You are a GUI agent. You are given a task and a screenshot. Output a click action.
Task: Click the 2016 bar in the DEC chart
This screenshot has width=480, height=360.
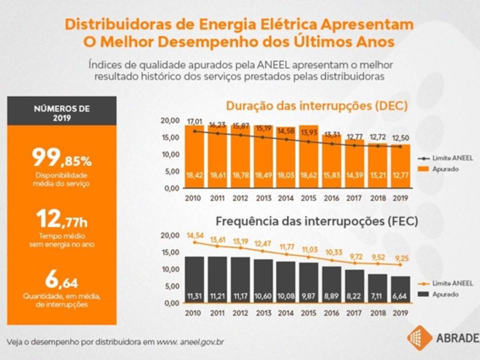[332, 160]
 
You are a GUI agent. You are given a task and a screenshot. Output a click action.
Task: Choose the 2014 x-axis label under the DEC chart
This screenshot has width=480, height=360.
[286, 198]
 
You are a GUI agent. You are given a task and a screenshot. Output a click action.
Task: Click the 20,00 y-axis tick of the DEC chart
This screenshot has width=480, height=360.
[170, 120]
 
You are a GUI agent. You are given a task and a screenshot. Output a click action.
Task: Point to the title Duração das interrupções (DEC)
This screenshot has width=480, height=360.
[317, 106]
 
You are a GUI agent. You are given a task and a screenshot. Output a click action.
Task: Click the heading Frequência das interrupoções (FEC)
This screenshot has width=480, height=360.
[317, 221]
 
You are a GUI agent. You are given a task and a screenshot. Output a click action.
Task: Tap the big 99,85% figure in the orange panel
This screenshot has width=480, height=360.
[62, 157]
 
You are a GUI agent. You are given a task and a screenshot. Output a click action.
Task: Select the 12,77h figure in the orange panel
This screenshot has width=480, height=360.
[62, 219]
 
